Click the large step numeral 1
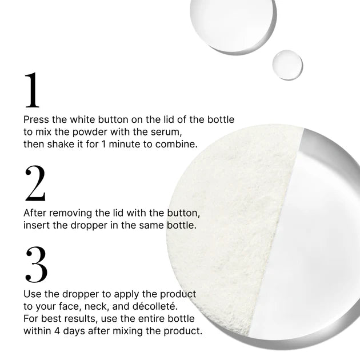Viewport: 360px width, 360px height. [32, 90]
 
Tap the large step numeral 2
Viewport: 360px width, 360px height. [35, 183]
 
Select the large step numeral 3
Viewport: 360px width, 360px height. [36, 264]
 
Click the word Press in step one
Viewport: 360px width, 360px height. [36, 119]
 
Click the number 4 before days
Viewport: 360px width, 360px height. [57, 331]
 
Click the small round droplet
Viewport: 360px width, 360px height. [287, 65]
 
